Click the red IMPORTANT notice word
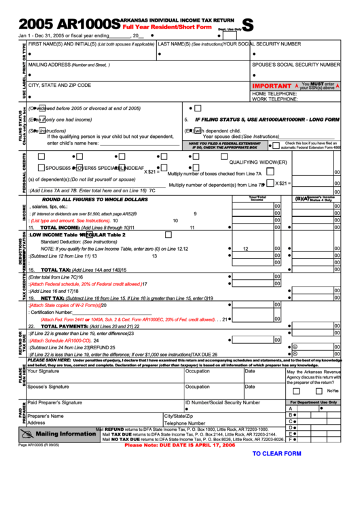tap(272, 86)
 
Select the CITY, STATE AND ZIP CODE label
tap(60, 86)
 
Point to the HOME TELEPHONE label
tap(275, 93)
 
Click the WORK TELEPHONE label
tap(275, 99)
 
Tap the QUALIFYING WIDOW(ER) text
tap(258, 162)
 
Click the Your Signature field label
tap(43, 371)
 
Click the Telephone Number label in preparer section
tap(184, 423)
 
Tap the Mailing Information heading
tap(66, 434)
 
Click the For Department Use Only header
tap(313, 402)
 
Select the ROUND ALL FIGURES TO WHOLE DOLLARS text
tap(94, 199)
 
